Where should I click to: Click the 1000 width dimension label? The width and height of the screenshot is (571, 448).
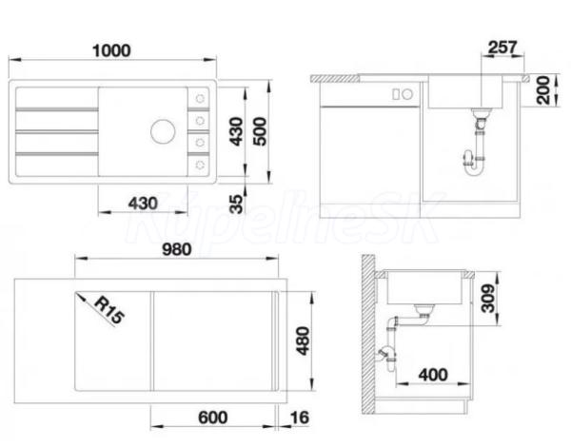pos(111,50)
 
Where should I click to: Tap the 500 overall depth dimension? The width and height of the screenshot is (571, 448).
pos(259,131)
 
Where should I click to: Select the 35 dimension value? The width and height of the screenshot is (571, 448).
pos(236,205)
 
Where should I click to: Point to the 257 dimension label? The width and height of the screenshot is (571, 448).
pos(502,48)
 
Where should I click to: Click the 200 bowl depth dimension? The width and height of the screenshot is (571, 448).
pos(543,90)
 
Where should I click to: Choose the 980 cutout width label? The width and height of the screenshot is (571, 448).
pos(177,249)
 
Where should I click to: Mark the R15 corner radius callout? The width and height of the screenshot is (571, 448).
pos(109,309)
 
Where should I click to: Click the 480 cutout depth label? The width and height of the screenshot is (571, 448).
pos(303,341)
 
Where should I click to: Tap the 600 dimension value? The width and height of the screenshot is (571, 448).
pos(213,418)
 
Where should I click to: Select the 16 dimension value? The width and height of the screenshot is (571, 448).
pos(300,418)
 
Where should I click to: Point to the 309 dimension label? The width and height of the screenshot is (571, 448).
pos(488,299)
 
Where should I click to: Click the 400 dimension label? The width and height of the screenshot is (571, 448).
pos(433,375)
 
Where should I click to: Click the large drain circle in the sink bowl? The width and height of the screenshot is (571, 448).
pos(163,131)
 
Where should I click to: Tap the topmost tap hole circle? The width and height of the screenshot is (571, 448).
pos(200,98)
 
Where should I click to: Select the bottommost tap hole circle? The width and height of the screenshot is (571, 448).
pos(200,165)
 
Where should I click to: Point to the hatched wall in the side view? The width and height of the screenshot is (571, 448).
pos(368,334)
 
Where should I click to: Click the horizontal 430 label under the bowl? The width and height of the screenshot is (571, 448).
pos(143,204)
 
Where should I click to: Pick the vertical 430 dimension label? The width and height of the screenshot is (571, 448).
pos(236,131)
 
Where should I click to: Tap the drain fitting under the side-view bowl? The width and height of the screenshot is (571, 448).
pos(423,311)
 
